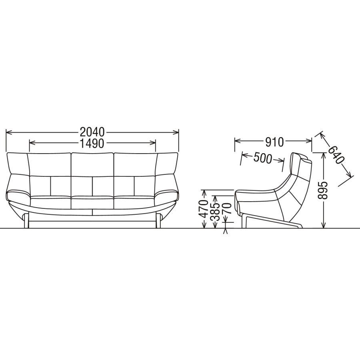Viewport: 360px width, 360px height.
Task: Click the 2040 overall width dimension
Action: click(x=92, y=132)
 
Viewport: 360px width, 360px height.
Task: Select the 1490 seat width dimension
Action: click(x=92, y=143)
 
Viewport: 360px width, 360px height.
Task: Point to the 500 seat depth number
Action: click(x=263, y=158)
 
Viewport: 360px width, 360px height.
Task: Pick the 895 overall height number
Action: click(x=323, y=190)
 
